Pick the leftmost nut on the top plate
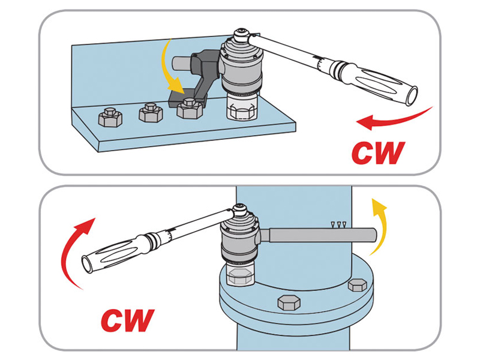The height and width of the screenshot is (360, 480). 110,117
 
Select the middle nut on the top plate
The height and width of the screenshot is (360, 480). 151,113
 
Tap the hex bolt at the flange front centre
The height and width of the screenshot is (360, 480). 288,303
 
